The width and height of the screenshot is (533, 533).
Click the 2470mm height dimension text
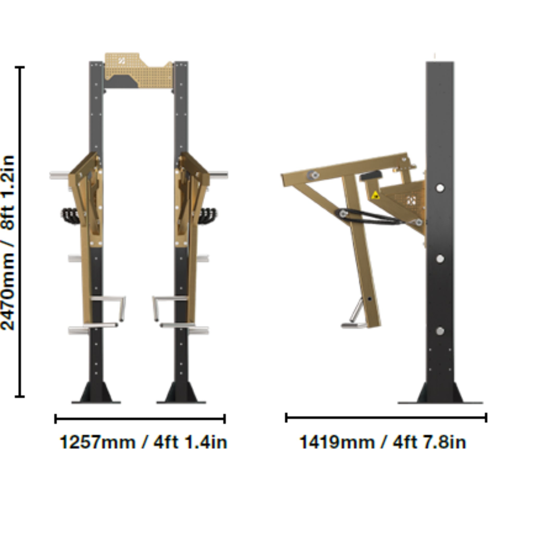8,243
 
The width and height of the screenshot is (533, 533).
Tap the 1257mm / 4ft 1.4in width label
143,442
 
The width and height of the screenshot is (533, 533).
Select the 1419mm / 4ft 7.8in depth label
383,442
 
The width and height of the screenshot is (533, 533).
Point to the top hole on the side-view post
440,188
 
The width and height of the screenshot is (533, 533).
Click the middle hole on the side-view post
440,259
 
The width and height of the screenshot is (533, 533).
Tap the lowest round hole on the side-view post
440,331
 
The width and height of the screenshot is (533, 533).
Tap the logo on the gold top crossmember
121,61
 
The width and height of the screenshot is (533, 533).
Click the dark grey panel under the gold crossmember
121,82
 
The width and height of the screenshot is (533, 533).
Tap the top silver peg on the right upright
219,174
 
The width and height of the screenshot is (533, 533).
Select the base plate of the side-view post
440,402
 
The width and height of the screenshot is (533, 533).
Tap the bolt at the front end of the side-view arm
314,175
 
